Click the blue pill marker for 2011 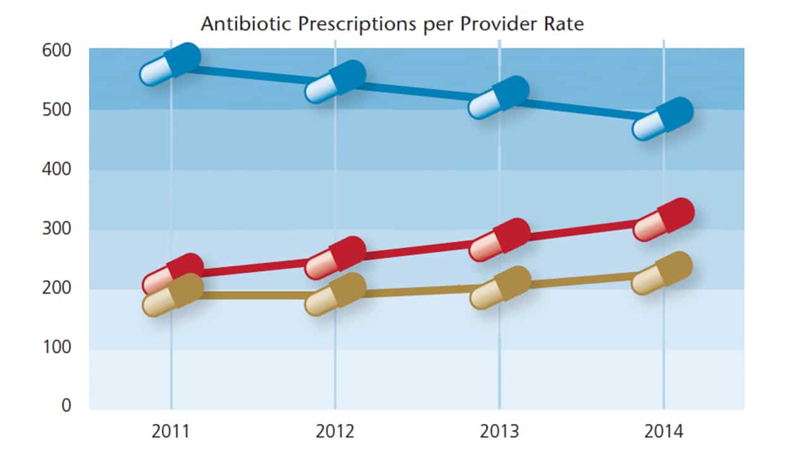[x=170, y=65]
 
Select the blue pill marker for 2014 [x=663, y=119]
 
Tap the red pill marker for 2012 [x=335, y=258]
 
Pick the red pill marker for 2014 [x=664, y=220]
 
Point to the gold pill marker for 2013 [x=500, y=288]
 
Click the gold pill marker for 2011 [x=173, y=295]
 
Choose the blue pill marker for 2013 [x=499, y=98]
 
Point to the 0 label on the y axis [x=66, y=406]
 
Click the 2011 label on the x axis [x=171, y=432]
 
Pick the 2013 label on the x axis [x=499, y=432]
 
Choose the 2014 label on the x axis [x=664, y=432]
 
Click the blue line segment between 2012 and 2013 [x=417, y=92]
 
